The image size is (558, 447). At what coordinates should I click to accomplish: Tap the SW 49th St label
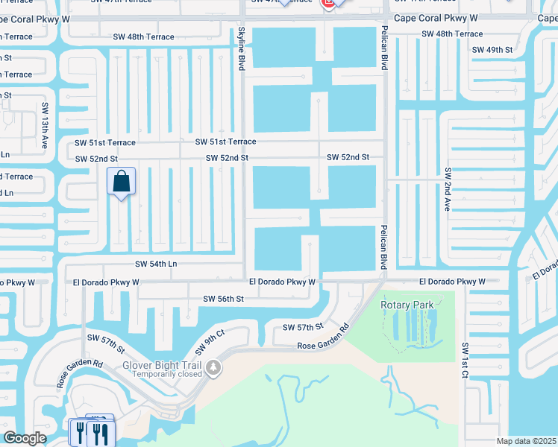[492, 49]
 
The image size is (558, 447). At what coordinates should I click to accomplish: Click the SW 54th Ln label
[156, 264]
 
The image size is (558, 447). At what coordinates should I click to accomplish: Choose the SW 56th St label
[224, 299]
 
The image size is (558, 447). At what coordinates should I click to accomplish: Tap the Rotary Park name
[407, 304]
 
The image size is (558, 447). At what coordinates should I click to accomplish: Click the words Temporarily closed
[164, 374]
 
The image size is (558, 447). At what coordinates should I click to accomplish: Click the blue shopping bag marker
[121, 182]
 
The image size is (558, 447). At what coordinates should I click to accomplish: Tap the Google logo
[24, 438]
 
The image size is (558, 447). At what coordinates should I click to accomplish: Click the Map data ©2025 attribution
[527, 441]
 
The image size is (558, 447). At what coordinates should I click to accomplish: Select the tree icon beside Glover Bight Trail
[214, 368]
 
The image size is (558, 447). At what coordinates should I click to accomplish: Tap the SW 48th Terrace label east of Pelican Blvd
[452, 34]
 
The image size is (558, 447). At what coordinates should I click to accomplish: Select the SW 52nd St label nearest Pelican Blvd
[348, 157]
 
